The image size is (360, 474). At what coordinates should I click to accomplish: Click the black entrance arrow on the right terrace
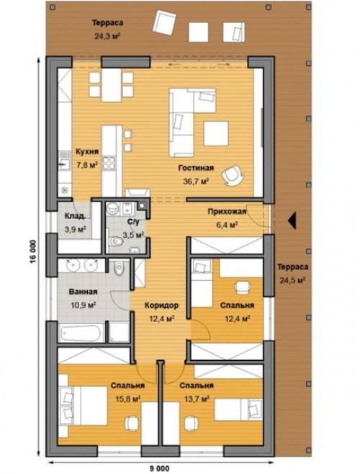click(292, 220)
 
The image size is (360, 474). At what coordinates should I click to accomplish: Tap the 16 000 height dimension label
click(33, 251)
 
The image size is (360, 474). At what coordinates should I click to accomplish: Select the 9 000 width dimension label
click(160, 468)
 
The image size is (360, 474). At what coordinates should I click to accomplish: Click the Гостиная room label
click(196, 168)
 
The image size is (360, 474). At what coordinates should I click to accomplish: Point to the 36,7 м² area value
click(197, 181)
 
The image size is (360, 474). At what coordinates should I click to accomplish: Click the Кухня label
click(87, 152)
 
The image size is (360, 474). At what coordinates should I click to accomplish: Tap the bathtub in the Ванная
click(81, 333)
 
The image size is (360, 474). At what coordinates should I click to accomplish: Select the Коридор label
click(161, 305)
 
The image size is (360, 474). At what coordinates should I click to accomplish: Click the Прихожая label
click(227, 212)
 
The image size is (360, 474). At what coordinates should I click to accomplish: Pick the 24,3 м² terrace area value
click(107, 37)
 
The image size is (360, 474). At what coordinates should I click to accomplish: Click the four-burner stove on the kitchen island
click(109, 163)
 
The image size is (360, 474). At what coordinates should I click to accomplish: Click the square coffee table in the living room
click(216, 133)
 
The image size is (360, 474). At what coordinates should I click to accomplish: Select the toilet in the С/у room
click(115, 241)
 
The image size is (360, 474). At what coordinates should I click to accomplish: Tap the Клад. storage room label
click(76, 216)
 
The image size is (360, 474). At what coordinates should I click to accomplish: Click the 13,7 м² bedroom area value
click(197, 399)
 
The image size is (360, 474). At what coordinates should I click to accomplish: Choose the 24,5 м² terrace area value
click(292, 280)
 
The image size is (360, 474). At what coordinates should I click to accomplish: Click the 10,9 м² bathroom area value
click(84, 305)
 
